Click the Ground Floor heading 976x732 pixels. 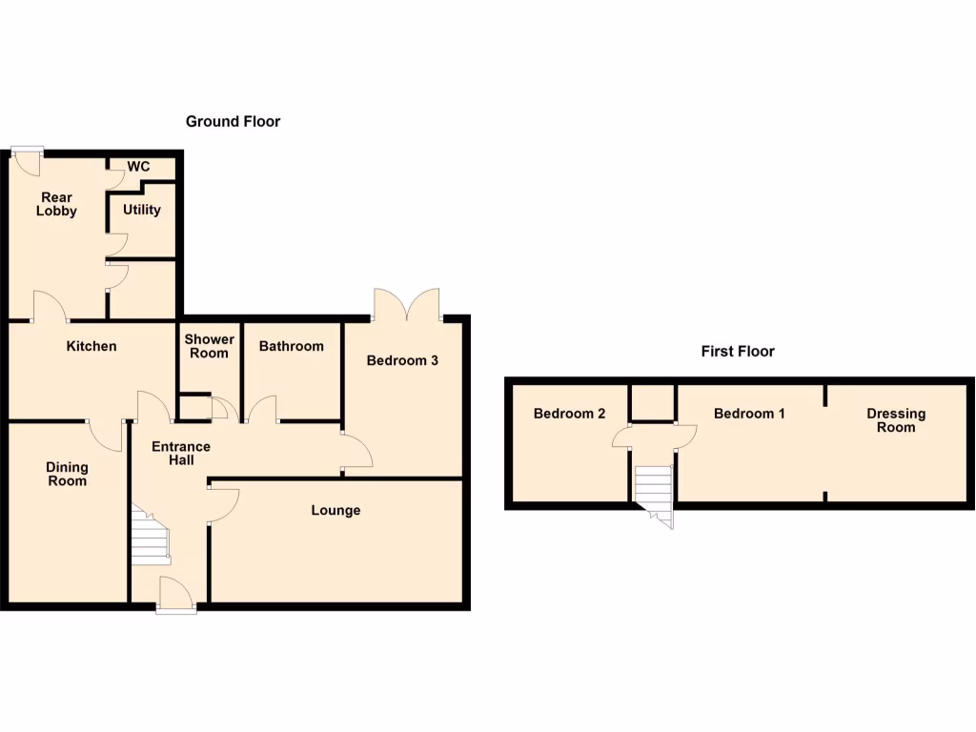(x=233, y=121)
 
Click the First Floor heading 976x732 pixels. (x=738, y=351)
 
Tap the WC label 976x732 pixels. (x=139, y=167)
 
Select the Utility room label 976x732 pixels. (x=142, y=210)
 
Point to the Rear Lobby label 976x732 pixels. (x=56, y=204)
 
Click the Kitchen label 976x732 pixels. (x=91, y=346)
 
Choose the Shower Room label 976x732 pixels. (x=209, y=346)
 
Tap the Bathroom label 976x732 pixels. (x=292, y=346)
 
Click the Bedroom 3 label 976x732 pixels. (x=402, y=360)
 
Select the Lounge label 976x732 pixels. (x=335, y=510)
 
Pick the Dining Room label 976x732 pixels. (x=67, y=474)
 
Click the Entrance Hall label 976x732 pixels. (x=181, y=454)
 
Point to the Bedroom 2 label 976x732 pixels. (x=569, y=414)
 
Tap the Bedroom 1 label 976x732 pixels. (x=749, y=414)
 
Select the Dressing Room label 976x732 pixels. (x=896, y=420)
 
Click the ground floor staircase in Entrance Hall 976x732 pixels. (x=150, y=539)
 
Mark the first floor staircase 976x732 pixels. (x=655, y=491)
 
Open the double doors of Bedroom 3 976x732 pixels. (x=407, y=305)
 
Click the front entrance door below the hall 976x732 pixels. (x=176, y=595)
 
